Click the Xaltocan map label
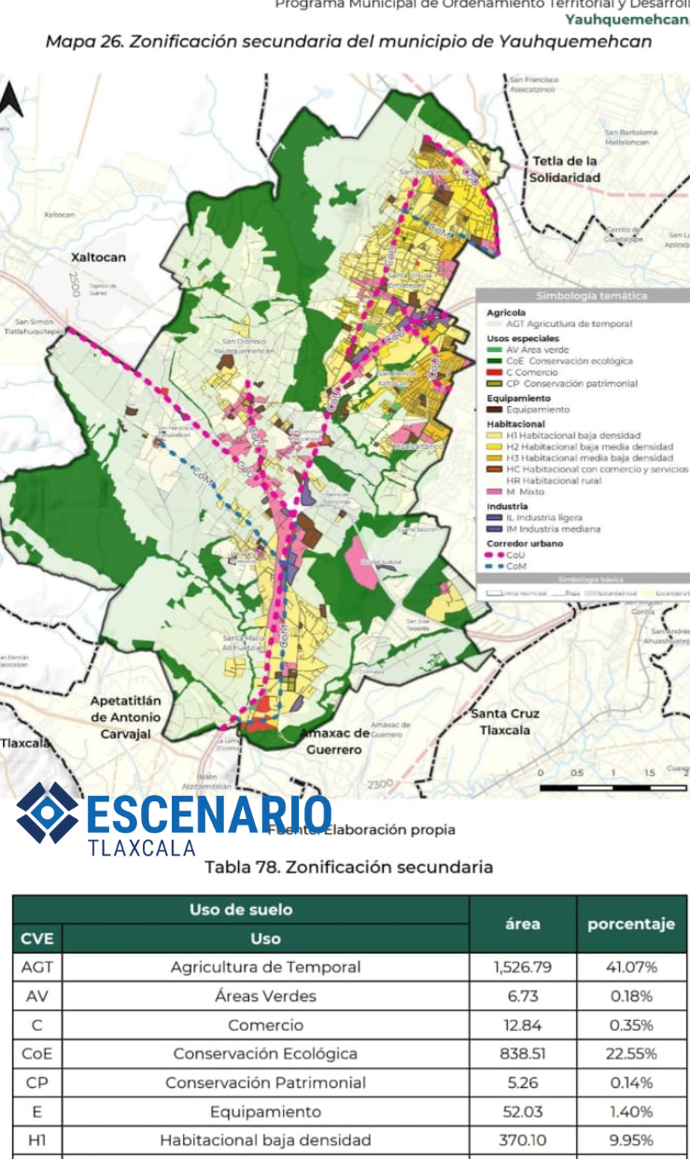(x=98, y=257)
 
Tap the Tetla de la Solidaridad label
(x=565, y=169)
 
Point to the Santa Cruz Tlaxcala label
(x=505, y=722)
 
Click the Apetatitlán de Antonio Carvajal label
(x=125, y=717)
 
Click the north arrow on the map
(x=10, y=100)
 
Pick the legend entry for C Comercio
(x=528, y=372)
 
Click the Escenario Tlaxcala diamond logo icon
(x=48, y=812)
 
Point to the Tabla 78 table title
(x=348, y=867)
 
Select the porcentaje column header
(x=630, y=924)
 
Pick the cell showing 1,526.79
(x=522, y=967)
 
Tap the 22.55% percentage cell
(x=632, y=1053)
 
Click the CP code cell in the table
(x=36, y=1082)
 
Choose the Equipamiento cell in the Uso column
(x=265, y=1111)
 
